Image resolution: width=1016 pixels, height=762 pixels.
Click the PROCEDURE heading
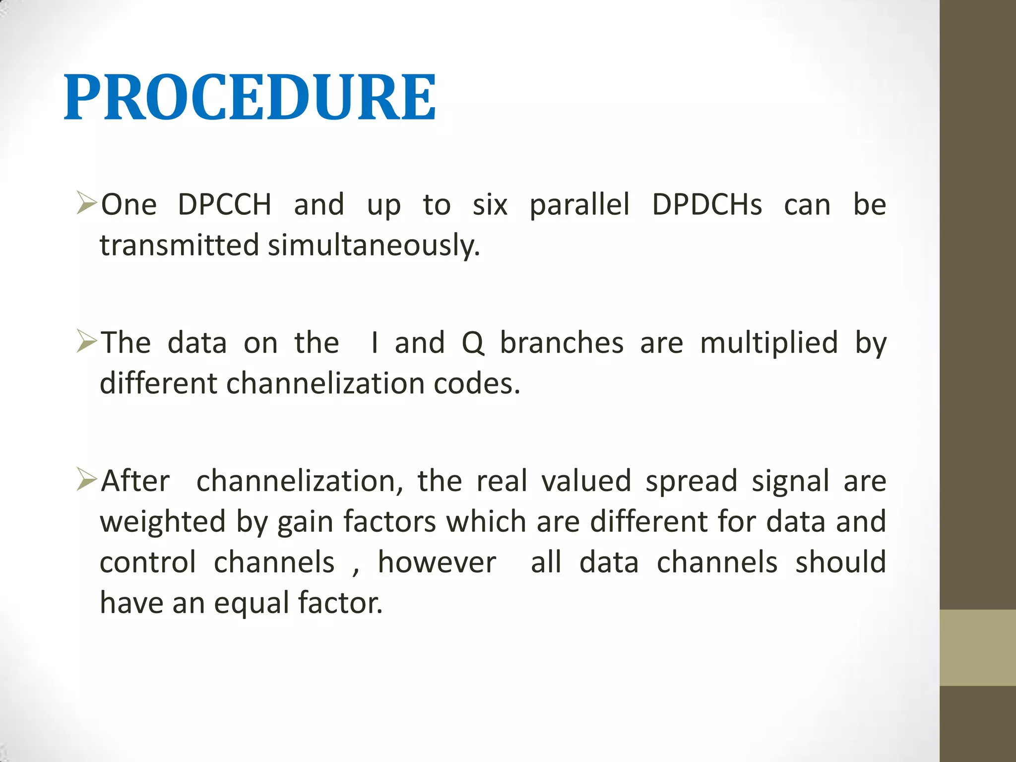tap(250, 98)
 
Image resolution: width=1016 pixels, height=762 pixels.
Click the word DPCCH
tap(224, 204)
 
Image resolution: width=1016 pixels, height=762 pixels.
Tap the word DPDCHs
tap(706, 204)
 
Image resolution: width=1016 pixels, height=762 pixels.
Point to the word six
tap(490, 204)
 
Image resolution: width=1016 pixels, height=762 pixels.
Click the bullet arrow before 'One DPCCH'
tap(86, 203)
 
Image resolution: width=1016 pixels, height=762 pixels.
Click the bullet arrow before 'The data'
tap(86, 341)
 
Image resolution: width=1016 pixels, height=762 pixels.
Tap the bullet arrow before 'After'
tap(86, 480)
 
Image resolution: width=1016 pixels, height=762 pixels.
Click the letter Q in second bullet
tap(472, 343)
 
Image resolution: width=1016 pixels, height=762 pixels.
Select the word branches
tap(561, 343)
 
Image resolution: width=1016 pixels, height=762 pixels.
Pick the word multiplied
tap(768, 343)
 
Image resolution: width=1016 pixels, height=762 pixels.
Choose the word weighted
tap(163, 522)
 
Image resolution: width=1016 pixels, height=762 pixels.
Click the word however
tap(437, 563)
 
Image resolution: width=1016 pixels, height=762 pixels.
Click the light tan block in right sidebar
tap(977, 647)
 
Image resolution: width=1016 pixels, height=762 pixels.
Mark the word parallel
tap(579, 204)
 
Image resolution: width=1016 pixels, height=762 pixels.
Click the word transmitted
tap(179, 246)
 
